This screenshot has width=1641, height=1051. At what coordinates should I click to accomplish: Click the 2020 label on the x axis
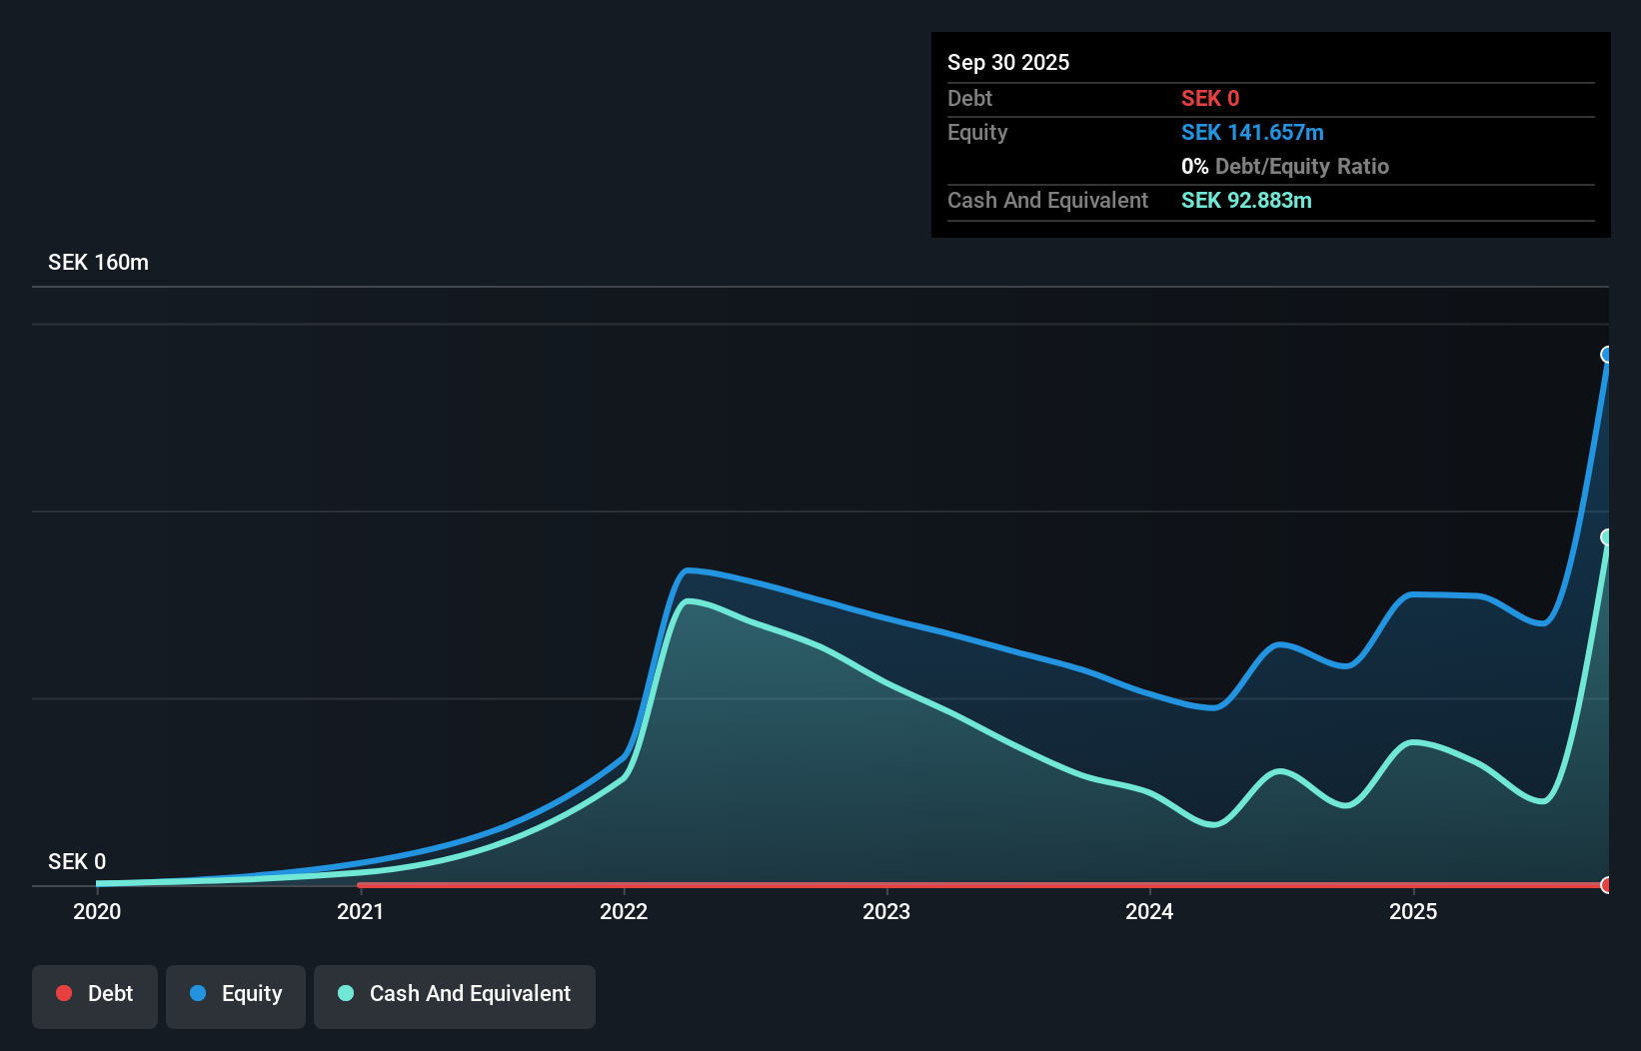tap(97, 911)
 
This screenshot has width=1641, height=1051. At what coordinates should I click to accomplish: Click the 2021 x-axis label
tap(360, 911)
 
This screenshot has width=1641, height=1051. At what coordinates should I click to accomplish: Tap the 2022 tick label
tap(624, 911)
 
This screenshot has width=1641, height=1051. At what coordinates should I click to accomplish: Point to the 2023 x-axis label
tap(886, 911)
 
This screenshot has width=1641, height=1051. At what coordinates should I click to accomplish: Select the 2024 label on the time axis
tap(1149, 911)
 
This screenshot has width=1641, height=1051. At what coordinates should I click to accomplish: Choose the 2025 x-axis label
tap(1413, 911)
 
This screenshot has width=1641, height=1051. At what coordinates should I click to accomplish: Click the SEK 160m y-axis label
tap(98, 262)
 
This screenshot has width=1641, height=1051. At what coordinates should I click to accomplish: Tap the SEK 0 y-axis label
tap(77, 861)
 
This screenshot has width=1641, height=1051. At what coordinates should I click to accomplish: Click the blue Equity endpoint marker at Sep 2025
tap(1607, 355)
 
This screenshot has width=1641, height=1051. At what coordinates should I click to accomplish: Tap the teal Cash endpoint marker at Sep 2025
tap(1607, 537)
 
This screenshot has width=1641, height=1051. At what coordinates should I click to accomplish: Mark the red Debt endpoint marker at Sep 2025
tap(1607, 885)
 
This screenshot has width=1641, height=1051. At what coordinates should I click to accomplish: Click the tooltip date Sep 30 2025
tap(1008, 62)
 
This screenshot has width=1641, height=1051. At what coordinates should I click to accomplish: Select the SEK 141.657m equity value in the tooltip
tap(1252, 132)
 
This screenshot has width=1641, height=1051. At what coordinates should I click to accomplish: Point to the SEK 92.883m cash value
tap(1246, 200)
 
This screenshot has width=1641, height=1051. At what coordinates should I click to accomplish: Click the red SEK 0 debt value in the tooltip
tap(1210, 98)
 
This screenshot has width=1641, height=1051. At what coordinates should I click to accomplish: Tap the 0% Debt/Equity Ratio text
tap(1285, 166)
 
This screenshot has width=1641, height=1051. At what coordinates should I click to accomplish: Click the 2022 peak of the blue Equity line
tap(689, 570)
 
